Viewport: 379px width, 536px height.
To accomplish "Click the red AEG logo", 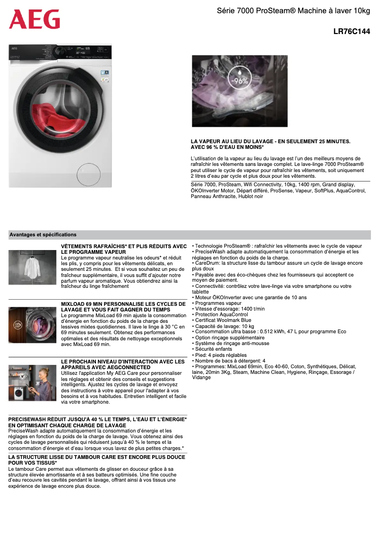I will pos(34,19).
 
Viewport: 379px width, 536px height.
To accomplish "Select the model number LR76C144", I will pos(352,32).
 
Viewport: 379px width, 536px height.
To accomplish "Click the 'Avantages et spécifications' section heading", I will pos(43,234).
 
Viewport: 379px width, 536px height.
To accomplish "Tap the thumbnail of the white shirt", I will pos(32,268).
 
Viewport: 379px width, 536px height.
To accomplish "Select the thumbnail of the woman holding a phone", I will pos(32,383).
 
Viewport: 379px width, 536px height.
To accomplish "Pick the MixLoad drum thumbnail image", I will pos(32,325).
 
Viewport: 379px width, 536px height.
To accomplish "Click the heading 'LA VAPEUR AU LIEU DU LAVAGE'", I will pos(270,141).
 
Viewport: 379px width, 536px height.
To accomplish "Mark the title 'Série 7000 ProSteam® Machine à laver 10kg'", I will pos(293,10).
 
